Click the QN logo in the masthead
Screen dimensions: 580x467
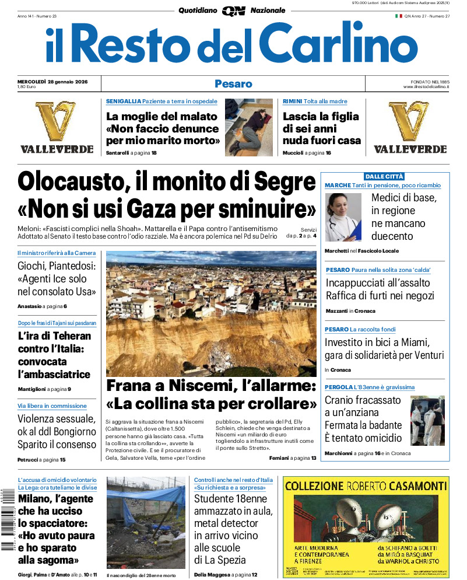click(233, 11)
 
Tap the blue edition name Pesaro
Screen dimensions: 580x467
click(233, 83)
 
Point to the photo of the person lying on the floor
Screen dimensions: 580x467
click(249, 127)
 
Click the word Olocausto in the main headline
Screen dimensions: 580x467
click(71, 181)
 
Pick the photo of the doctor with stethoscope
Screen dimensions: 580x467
click(343, 217)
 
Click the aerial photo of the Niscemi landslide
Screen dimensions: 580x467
click(211, 313)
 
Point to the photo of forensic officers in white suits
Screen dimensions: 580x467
click(427, 421)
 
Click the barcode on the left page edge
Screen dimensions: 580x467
click(7, 519)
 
